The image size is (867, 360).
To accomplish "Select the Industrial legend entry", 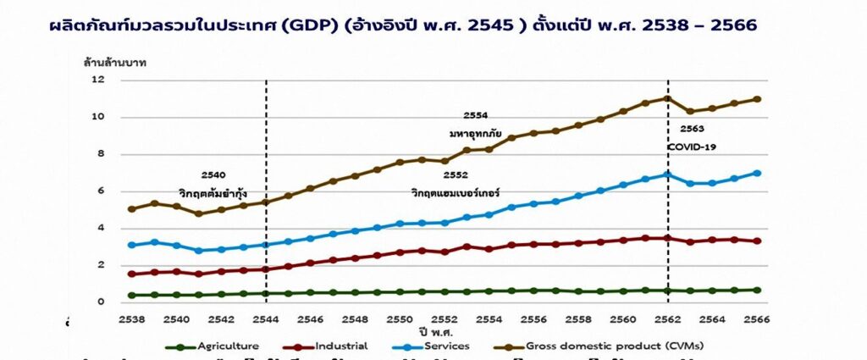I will tap(339, 346).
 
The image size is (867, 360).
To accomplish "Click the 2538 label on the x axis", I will tap(132, 319).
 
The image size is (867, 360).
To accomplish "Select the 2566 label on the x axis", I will tap(755, 319).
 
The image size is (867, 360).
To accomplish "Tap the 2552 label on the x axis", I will tap(445, 319).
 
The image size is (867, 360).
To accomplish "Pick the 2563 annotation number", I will tap(693, 130).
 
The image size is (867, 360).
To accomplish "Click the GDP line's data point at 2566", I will tap(757, 99).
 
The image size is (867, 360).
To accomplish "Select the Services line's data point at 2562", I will tap(668, 174).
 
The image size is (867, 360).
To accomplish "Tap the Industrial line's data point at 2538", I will tap(131, 274).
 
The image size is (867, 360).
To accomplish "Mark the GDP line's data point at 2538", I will tap(131, 208).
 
